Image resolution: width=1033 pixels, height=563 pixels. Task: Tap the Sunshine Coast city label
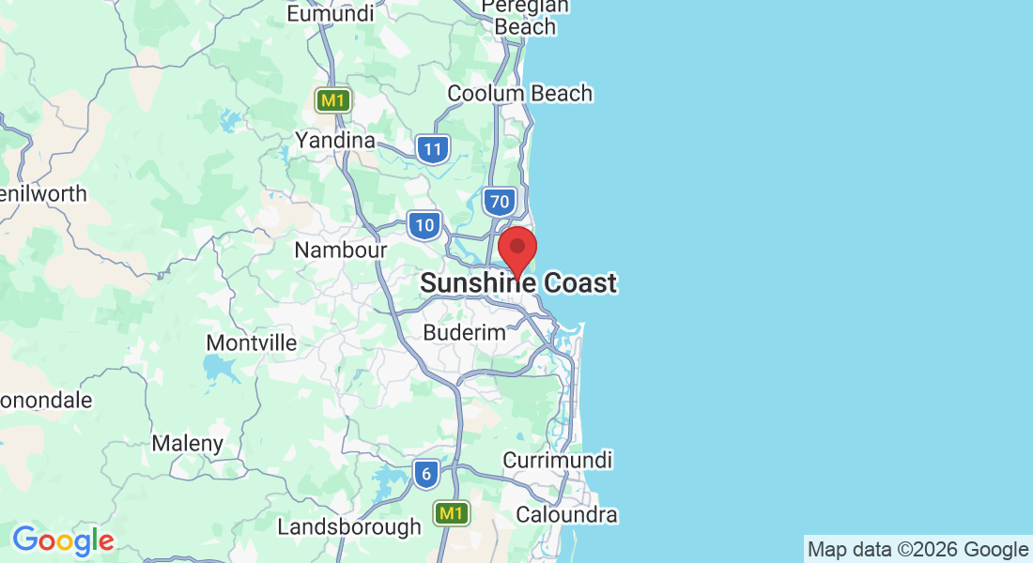(x=518, y=282)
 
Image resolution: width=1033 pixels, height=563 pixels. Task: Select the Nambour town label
(x=340, y=251)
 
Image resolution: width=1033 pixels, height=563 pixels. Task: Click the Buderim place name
(x=464, y=332)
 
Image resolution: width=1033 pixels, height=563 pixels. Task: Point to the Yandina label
(x=335, y=141)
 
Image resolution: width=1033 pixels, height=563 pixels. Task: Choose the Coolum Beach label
(x=519, y=94)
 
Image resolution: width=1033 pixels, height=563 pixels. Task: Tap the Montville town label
(x=251, y=342)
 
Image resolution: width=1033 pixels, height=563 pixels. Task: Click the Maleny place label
(x=188, y=443)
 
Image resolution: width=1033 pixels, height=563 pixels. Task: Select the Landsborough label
(x=349, y=527)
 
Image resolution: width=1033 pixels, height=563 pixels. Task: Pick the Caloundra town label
(x=566, y=515)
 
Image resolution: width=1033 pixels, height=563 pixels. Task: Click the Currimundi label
(x=558, y=461)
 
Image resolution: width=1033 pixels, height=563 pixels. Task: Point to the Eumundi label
(x=331, y=14)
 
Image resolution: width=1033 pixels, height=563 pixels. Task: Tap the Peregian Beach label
(x=526, y=16)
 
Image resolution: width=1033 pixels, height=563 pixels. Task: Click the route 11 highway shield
(x=432, y=149)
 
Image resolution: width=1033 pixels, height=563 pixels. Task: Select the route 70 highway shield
(x=499, y=200)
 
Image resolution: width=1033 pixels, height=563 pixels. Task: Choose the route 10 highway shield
(x=424, y=225)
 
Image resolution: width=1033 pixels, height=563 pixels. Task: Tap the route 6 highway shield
(x=426, y=475)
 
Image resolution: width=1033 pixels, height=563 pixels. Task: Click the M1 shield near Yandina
(x=332, y=99)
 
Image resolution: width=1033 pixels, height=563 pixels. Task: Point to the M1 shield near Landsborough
(x=452, y=513)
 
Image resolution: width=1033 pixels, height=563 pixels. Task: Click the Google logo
(x=63, y=540)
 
